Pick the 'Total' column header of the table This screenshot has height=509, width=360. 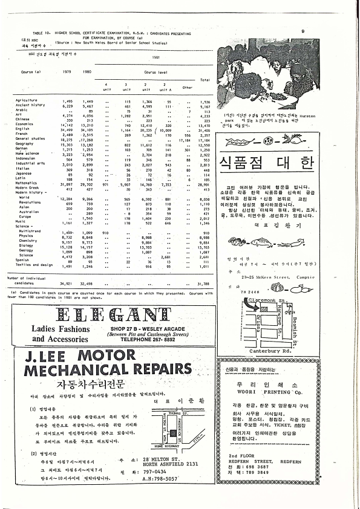tap(204, 79)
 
